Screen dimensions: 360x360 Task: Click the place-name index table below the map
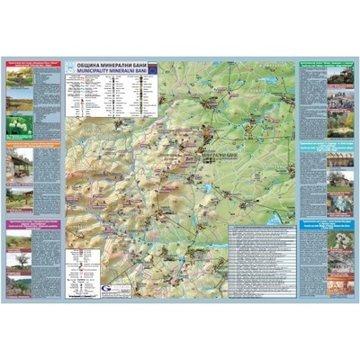click(260, 261)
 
